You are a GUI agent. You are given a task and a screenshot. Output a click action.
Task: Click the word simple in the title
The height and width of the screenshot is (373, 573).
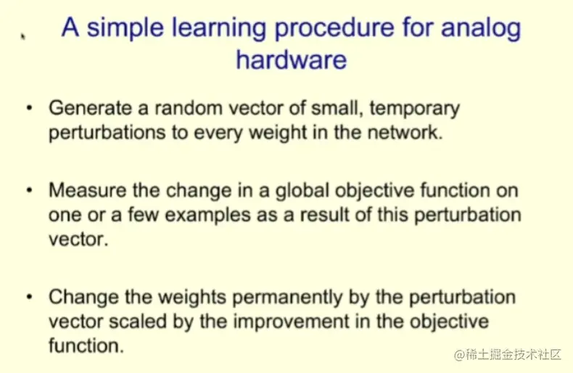125,28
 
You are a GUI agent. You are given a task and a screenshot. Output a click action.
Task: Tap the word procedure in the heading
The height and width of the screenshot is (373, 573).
334,28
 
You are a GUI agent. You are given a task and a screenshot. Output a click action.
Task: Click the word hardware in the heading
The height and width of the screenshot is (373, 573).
292,60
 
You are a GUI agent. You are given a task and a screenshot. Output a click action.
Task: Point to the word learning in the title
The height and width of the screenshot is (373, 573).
218,28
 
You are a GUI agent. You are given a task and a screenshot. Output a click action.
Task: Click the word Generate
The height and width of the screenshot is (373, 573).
90,108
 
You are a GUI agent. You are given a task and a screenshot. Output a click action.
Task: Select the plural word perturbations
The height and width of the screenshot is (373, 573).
107,133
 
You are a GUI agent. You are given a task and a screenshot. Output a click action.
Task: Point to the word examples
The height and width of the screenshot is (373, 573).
207,216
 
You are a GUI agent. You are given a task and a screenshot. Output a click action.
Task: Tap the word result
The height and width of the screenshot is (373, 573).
324,215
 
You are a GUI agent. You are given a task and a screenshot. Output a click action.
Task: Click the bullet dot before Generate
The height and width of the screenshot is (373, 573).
30,108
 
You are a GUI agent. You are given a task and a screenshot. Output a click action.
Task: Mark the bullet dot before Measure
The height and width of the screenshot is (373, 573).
30,191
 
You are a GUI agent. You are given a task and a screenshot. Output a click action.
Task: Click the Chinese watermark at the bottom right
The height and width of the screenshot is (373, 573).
507,354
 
